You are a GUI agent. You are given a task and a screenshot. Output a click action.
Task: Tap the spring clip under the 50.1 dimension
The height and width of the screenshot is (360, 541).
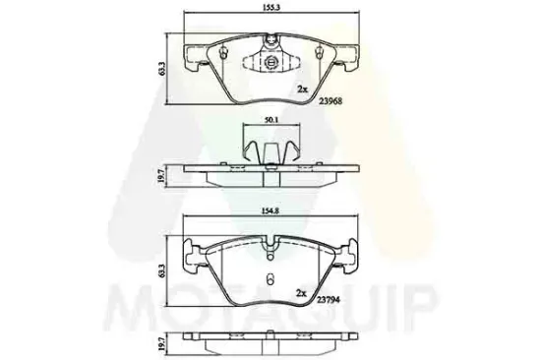point(268,153)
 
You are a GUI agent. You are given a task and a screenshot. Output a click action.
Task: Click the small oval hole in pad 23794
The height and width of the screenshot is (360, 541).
point(268,276)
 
